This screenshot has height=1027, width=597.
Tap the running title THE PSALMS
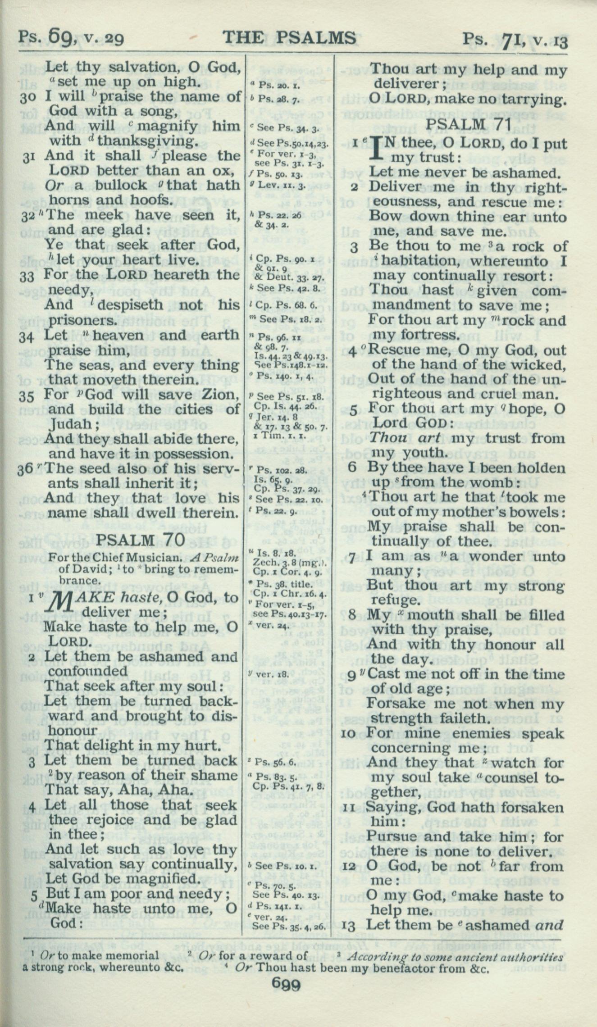(289, 38)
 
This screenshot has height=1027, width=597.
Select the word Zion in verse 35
(219, 395)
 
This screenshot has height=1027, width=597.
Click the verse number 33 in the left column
(27, 276)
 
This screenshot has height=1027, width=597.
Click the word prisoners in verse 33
(81, 320)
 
